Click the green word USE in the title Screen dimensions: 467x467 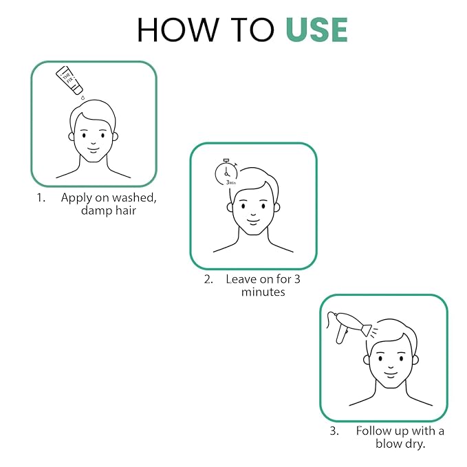click(x=316, y=30)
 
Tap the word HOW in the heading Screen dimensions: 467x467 click(x=177, y=30)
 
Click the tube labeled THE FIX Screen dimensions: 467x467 click(x=69, y=80)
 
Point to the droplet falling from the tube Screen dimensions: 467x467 click(x=83, y=97)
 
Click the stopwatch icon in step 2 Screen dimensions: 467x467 click(x=226, y=172)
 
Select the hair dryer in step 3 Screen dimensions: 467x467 click(x=349, y=327)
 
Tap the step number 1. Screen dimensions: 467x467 click(x=41, y=198)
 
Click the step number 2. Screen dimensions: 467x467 click(x=208, y=279)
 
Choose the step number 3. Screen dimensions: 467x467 click(x=334, y=431)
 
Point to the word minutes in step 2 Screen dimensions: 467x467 click(x=263, y=292)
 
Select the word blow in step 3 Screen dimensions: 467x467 click(x=389, y=444)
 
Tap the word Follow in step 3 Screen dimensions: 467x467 click(x=373, y=431)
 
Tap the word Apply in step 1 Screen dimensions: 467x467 click(x=76, y=198)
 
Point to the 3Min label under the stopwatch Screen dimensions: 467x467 click(x=231, y=182)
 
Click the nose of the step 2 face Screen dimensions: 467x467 click(x=253, y=214)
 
